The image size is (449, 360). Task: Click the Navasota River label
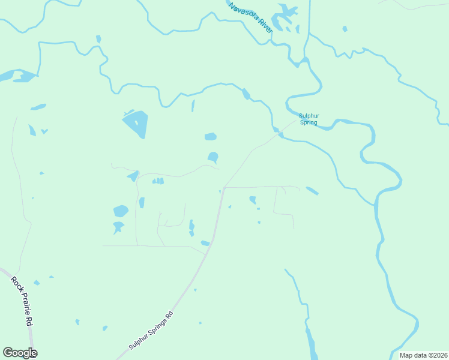[251, 18]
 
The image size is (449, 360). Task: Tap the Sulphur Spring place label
[309, 119]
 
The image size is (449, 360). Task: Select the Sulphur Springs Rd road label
[151, 330]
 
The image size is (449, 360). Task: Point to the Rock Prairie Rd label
[22, 300]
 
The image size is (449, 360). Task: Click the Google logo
[20, 353]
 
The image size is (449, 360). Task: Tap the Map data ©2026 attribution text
[423, 355]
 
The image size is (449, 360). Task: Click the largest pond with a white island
[135, 124]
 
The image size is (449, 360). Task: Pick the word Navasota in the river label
[244, 12]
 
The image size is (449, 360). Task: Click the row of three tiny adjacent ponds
[158, 181]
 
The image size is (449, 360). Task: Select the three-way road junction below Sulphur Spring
[223, 187]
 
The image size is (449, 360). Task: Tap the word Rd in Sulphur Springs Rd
[170, 314]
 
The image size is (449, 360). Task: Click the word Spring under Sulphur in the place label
[309, 123]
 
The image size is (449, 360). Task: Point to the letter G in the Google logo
[8, 353]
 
